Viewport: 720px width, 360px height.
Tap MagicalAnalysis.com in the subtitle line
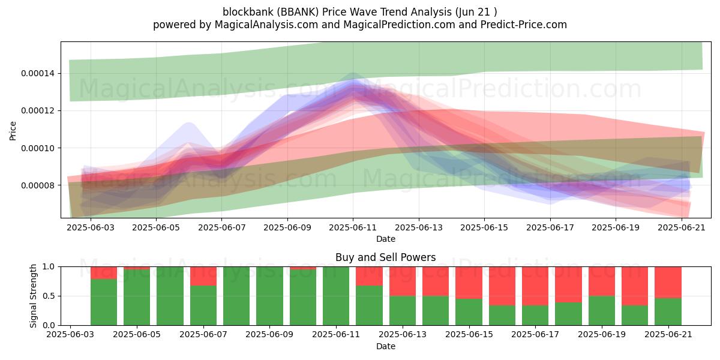tap(266, 25)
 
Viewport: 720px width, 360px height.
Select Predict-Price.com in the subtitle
tap(524, 25)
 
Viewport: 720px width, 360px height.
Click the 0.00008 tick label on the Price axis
tap(38, 185)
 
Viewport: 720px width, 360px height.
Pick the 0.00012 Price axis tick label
tap(38, 111)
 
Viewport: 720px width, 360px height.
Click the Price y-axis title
tap(13, 131)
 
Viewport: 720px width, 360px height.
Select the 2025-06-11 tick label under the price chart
tap(353, 227)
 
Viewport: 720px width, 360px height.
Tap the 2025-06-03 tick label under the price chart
tap(91, 227)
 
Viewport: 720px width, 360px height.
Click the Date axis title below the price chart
tap(386, 239)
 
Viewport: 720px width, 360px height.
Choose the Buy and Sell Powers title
tap(386, 257)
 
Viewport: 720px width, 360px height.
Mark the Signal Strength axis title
tap(33, 296)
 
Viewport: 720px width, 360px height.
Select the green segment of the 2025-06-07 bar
tap(203, 305)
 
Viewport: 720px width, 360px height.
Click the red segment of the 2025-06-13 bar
tap(403, 281)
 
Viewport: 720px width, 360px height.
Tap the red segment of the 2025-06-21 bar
tap(668, 283)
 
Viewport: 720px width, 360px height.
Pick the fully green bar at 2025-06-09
tap(269, 296)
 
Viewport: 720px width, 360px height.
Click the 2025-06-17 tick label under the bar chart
tap(535, 335)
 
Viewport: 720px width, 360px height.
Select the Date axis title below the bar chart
tap(386, 346)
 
